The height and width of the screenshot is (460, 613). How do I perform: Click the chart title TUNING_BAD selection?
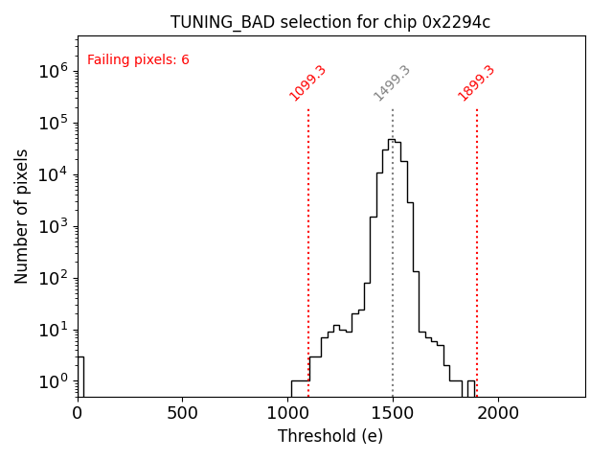[x=330, y=22]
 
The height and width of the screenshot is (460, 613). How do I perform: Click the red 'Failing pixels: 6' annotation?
[x=138, y=60]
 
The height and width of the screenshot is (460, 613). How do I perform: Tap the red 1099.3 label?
[x=308, y=83]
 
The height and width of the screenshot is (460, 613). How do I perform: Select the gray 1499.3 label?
[x=393, y=83]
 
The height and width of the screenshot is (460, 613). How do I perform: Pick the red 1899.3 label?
[x=477, y=83]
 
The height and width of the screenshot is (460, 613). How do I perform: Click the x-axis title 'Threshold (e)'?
[x=330, y=436]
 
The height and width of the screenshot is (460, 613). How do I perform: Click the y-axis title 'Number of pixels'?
[x=22, y=216]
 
